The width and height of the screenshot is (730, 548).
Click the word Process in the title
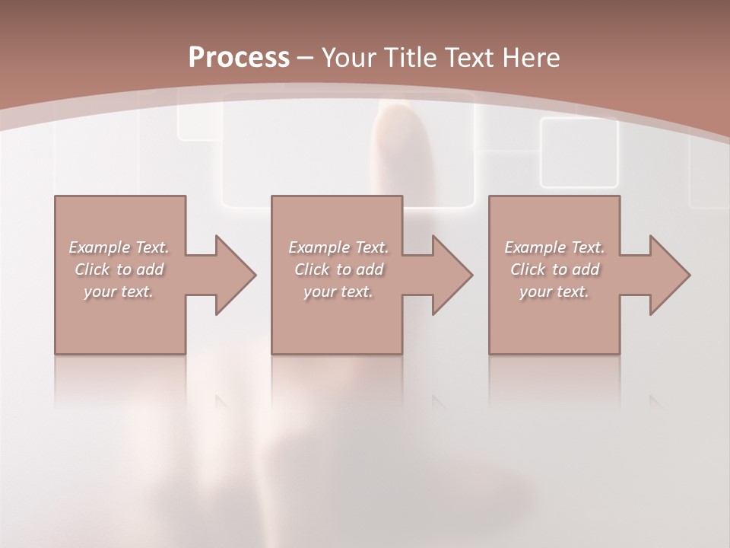pyautogui.click(x=239, y=58)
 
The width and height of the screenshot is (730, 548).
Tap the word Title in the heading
pyautogui.click(x=408, y=58)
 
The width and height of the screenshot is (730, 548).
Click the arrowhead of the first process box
pyautogui.click(x=235, y=275)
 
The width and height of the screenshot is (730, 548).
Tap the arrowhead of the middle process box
pyautogui.click(x=452, y=275)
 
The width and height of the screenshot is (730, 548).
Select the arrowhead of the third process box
pyautogui.click(x=669, y=275)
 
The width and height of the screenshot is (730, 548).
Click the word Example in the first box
pyautogui.click(x=98, y=247)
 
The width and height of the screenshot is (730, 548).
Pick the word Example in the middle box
pyautogui.click(x=317, y=247)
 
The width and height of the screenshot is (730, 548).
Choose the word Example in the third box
pyautogui.click(x=533, y=247)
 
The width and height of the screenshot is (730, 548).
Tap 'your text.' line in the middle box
pyautogui.click(x=338, y=292)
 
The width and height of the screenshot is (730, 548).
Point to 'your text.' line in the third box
pyautogui.click(x=554, y=292)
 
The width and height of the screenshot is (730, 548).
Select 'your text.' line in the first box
pyautogui.click(x=118, y=292)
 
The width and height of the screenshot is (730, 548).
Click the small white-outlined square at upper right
pyautogui.click(x=579, y=152)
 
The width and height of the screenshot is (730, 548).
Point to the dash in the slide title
pyautogui.click(x=306, y=58)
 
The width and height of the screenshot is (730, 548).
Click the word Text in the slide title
pyautogui.click(x=467, y=58)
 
